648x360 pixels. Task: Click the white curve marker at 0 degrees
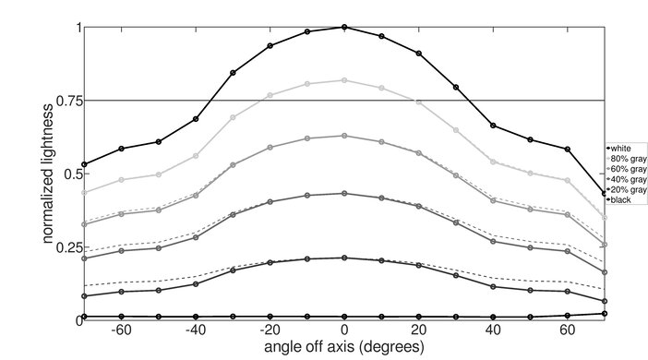(344, 28)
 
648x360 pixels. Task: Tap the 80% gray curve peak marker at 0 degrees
(344, 80)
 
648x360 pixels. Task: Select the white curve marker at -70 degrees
(84, 164)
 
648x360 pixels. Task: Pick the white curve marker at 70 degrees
(605, 193)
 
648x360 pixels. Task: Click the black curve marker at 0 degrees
(344, 317)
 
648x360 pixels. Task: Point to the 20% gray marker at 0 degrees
(344, 258)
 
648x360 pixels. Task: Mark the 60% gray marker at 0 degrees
(344, 136)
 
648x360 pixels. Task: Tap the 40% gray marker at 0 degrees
(344, 194)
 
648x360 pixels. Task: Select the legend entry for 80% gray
(624, 158)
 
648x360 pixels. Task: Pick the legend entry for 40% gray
(624, 179)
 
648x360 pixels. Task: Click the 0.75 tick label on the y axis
(67, 101)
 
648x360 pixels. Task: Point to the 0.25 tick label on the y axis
(67, 247)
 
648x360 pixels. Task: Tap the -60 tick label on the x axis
(120, 330)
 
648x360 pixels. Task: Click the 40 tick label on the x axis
(493, 330)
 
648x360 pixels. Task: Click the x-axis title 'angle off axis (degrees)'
(343, 347)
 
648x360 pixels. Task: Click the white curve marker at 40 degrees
(493, 126)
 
